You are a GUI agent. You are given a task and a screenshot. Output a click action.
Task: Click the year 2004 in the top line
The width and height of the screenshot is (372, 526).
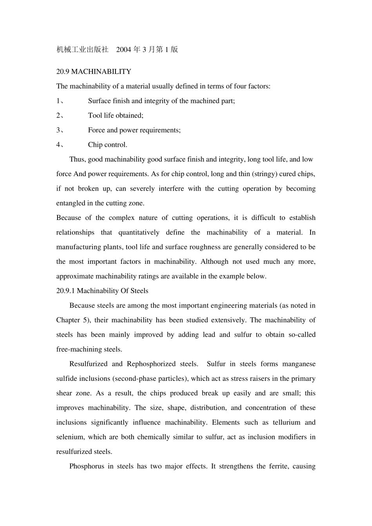coord(124,49)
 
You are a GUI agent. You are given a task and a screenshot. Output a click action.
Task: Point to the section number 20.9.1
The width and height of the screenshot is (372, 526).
coord(66,291)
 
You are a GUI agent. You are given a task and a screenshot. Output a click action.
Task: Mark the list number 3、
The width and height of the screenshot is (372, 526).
coord(60,130)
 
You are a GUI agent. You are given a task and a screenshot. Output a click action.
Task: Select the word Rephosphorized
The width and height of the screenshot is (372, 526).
coord(151,364)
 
